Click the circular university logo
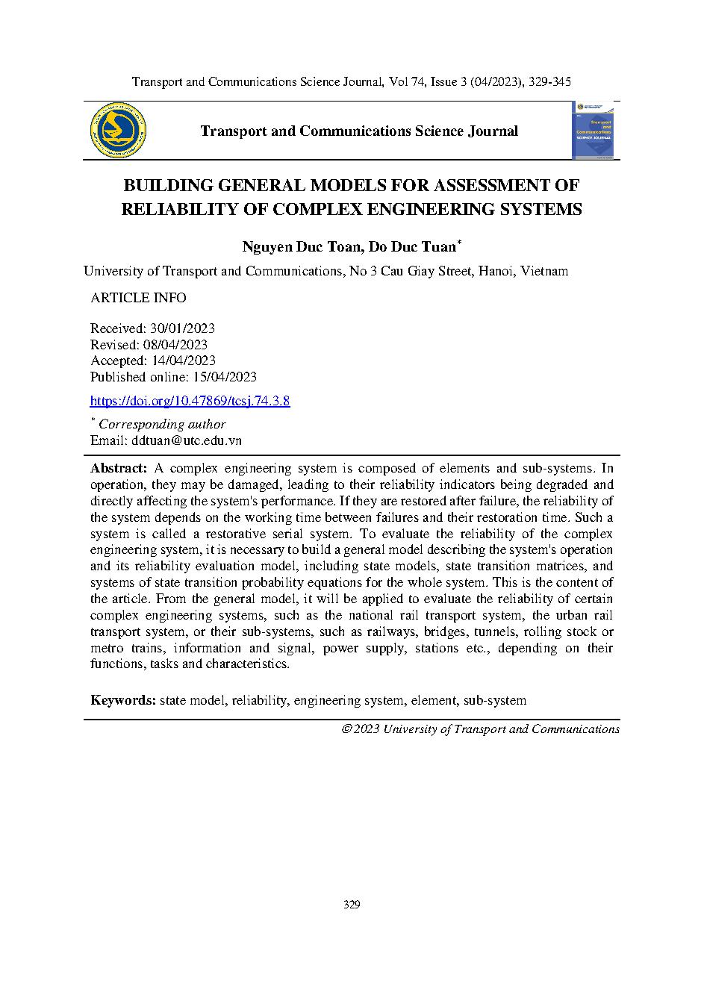click(118, 131)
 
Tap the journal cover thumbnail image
click(592, 131)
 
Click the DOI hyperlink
click(190, 401)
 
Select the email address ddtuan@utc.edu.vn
click(187, 440)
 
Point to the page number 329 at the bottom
click(352, 905)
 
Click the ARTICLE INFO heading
click(138, 298)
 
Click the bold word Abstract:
click(119, 469)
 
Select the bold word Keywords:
click(123, 700)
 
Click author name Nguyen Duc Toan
click(301, 247)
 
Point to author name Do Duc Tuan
click(411, 247)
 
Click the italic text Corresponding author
click(162, 424)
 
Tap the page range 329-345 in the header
click(548, 81)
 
